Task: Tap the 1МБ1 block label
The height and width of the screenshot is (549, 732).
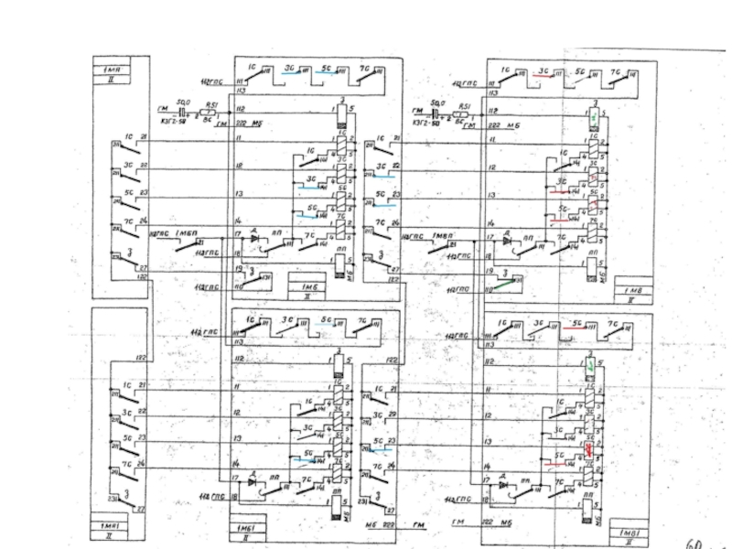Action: tap(246, 529)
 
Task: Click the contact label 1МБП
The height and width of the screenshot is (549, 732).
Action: tap(187, 235)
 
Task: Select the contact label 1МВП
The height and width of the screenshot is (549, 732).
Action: tap(444, 235)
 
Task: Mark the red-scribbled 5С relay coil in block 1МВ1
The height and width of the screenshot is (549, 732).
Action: tap(590, 450)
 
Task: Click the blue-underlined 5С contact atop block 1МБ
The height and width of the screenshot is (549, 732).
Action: tap(329, 72)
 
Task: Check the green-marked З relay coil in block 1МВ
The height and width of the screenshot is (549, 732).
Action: tap(594, 118)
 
